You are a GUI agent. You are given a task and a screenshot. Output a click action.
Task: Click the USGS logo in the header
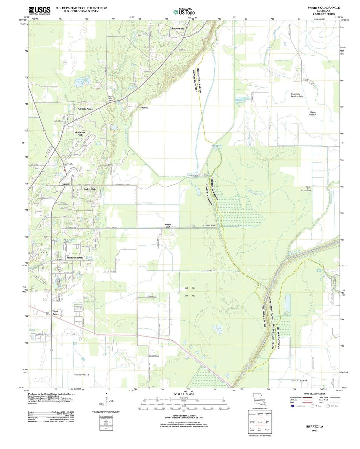click(39, 11)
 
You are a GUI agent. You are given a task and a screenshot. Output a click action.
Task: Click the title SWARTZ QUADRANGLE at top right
click(323, 7)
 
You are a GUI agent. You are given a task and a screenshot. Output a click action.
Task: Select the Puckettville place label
click(178, 29)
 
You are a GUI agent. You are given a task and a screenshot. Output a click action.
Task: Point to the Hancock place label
click(143, 108)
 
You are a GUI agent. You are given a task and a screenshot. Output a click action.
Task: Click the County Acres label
click(85, 109)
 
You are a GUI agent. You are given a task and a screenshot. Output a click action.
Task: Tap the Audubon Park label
click(80, 133)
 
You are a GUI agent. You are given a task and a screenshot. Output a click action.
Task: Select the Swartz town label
click(66, 184)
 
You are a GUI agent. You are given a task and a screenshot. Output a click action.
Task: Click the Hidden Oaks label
click(89, 189)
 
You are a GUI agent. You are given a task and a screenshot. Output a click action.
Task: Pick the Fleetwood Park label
click(75, 258)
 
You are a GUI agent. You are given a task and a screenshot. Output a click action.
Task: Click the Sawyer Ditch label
click(168, 226)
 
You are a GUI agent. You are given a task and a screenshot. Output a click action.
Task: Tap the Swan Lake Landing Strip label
click(296, 95)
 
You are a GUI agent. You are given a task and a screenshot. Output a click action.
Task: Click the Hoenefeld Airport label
click(81, 375)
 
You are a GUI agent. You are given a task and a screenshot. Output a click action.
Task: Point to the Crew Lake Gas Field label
click(299, 381)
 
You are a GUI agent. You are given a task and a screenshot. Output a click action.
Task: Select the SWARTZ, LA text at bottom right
click(315, 426)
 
